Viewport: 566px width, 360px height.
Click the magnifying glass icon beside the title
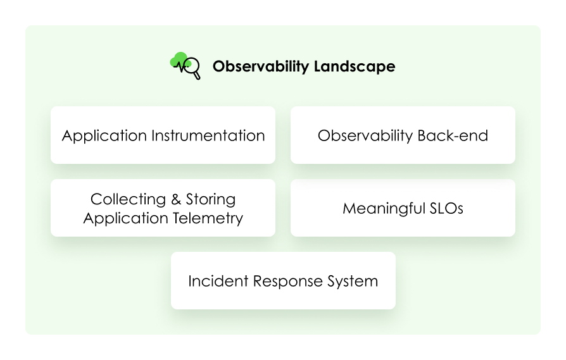[192, 65]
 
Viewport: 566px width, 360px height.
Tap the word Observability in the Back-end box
[365, 135]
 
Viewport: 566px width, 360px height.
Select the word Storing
[211, 199]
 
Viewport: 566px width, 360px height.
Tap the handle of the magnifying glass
[198, 76]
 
